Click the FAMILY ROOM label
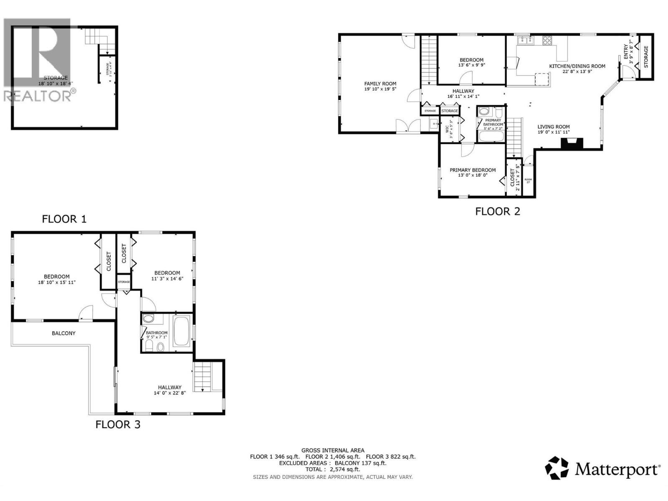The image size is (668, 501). (x=380, y=83)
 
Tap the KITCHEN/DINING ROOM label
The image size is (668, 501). (x=577, y=66)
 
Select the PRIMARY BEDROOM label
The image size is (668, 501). (x=473, y=170)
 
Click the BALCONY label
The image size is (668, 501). (x=63, y=333)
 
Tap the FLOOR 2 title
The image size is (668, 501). (x=498, y=211)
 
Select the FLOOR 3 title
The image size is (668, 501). (x=118, y=425)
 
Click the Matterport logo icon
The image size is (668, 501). (x=557, y=468)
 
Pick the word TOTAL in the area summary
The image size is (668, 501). (x=313, y=469)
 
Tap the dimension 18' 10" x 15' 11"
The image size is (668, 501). (x=57, y=282)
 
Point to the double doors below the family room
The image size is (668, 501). (x=408, y=126)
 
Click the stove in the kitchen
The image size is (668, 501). (x=547, y=40)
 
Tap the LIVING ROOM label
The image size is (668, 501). (x=553, y=127)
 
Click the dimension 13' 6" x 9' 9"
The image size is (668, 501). (x=472, y=65)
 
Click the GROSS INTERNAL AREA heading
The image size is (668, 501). (x=333, y=450)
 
